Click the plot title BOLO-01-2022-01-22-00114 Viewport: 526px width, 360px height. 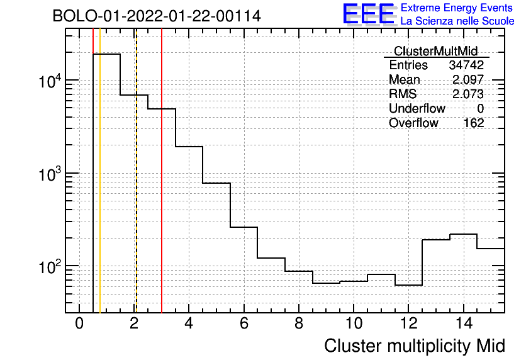point(157,16)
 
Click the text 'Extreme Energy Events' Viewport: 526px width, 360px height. point(457,8)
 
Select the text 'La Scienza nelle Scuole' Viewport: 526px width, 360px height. point(457,21)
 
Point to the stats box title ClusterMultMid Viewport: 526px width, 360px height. point(435,51)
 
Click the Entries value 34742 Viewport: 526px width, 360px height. point(466,65)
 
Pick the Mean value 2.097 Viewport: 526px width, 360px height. point(468,79)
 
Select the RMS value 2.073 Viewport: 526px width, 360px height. point(468,94)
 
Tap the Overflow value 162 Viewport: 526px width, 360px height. point(474,123)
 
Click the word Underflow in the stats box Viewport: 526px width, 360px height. point(417,108)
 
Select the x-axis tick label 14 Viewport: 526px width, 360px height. point(464,323)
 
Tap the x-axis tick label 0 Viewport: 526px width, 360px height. point(79,323)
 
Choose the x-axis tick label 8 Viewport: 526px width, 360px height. point(299,323)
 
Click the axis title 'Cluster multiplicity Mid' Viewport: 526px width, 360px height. point(415,346)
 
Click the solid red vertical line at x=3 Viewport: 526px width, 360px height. point(162,171)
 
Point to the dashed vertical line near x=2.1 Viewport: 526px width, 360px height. point(137,171)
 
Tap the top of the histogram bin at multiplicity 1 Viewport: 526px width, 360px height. point(107,54)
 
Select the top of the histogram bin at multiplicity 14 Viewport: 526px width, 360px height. point(463,234)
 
